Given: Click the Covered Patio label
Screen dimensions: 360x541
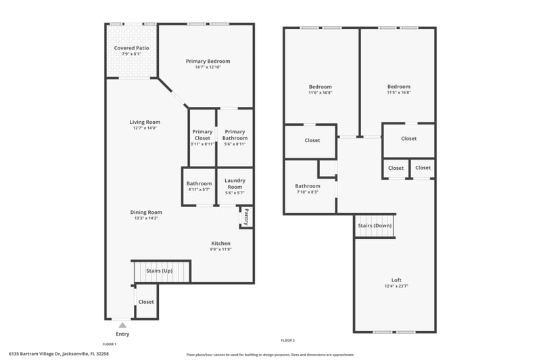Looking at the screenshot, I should pos(131,48).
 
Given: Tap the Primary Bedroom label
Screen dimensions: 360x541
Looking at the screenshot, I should pos(208,61).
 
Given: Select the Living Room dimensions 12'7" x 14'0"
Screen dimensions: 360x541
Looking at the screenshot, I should pos(145,128).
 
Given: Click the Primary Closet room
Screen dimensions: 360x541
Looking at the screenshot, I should pos(202,137).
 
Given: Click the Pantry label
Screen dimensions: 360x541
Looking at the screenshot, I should pos(247,217).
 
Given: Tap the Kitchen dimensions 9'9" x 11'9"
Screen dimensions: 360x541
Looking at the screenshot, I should pos(221,249).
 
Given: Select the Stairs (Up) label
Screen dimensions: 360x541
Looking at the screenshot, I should pos(159,271).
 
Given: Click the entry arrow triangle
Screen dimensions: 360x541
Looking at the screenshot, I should pos(122,325).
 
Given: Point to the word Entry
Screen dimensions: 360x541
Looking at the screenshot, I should pos(122,334).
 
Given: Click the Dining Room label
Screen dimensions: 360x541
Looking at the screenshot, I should pos(146,212).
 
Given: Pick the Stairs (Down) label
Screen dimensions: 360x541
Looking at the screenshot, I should pos(375,226).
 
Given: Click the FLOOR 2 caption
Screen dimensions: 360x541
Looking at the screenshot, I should pos(287,340).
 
